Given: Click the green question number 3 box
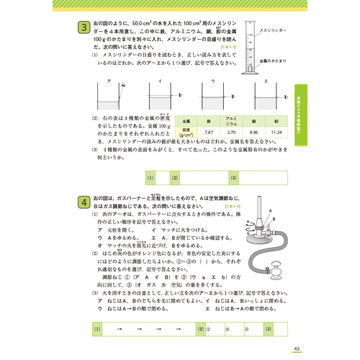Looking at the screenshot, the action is pos(84,28).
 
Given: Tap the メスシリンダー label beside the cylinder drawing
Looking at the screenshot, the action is pos(273,31).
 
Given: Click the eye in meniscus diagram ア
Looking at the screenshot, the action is pos(125,86).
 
